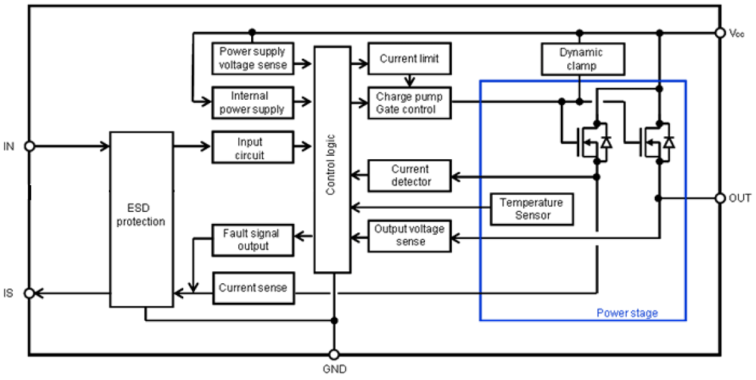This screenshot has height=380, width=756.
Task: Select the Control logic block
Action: coord(332,160)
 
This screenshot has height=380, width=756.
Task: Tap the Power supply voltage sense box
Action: coord(253,58)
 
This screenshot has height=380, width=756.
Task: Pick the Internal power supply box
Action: coord(253,103)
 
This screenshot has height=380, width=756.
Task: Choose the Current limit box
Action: coord(409,58)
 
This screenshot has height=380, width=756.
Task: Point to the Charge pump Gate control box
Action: coord(409,103)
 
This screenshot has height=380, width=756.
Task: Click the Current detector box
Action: coord(409,176)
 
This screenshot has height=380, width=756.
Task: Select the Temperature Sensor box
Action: coord(531,209)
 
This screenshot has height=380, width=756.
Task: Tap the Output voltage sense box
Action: coord(409,235)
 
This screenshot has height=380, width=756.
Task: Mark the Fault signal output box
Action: coord(253,239)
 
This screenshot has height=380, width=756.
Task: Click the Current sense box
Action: coord(253,288)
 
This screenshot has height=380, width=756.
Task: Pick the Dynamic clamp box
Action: coord(581,59)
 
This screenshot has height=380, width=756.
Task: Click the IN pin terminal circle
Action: coord(29,146)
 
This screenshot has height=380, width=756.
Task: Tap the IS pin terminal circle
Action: coord(29,293)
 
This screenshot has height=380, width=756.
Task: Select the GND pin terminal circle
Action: coord(334,355)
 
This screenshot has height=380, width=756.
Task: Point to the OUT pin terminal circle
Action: coord(719,198)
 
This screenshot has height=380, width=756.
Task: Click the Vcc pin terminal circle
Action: coord(719,33)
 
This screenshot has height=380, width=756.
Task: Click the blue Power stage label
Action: coord(627,313)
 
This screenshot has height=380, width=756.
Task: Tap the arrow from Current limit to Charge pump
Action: coord(410,81)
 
